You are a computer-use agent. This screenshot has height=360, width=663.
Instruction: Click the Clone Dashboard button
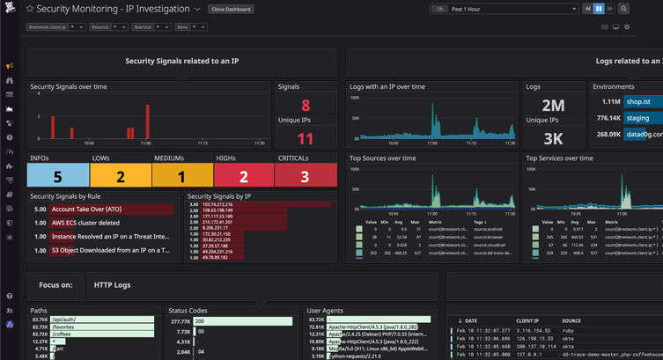tap(232, 9)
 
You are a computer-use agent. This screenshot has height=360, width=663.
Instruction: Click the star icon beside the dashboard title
tap(29, 9)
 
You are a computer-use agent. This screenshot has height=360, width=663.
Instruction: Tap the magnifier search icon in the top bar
tap(623, 9)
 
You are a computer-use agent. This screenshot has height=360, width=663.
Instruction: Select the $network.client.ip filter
tap(55, 27)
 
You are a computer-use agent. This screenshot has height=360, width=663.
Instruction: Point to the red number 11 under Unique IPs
tap(306, 138)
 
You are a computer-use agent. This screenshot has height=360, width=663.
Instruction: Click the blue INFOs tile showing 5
tap(58, 176)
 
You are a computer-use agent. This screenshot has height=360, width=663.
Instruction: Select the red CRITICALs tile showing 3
tap(306, 176)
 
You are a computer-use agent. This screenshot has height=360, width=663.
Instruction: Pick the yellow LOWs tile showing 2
tap(121, 176)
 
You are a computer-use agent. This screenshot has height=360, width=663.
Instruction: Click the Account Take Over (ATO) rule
tap(86, 209)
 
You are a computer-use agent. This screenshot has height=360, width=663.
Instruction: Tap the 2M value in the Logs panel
tap(553, 106)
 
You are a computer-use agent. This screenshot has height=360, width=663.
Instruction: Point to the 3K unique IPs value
tap(553, 138)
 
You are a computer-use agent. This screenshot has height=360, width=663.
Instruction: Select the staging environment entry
tap(638, 118)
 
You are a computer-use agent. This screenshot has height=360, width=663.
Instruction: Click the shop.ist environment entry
tap(638, 102)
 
